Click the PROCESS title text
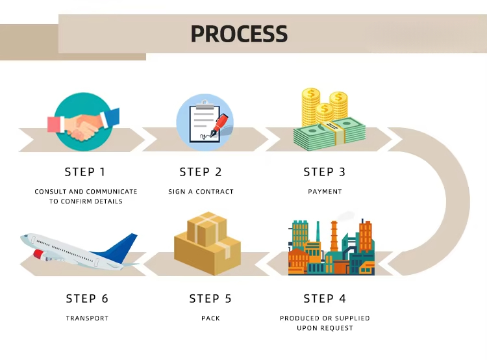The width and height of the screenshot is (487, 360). [239, 34]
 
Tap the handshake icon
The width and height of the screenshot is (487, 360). [83, 122]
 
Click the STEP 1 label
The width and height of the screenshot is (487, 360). [84, 172]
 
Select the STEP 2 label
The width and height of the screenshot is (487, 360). [201, 172]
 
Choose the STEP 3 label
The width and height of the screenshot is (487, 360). [325, 172]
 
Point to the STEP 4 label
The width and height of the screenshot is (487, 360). [325, 299]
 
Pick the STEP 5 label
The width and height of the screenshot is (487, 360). [210, 299]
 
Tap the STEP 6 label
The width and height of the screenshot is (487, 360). [87, 299]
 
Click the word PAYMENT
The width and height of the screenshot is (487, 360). [325, 192]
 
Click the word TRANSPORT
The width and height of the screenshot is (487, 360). [87, 318]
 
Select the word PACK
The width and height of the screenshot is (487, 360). [210, 318]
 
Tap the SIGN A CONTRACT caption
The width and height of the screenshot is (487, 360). [201, 192]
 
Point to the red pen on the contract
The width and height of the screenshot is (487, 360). [219, 122]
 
